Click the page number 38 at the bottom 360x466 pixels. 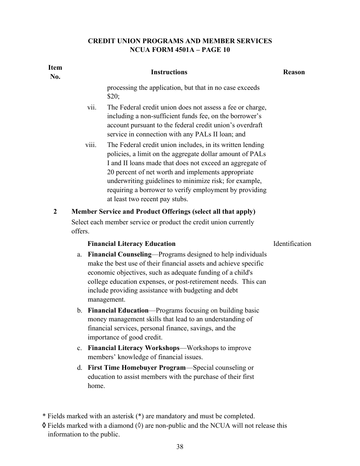180,447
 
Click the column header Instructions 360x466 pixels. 169,72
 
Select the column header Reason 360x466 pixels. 294,72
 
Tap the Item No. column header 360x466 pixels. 55,72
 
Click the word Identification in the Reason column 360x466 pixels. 292,244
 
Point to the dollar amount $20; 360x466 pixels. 113,97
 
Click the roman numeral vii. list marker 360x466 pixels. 92,107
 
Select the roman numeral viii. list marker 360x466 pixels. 91,145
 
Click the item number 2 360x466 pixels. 55,211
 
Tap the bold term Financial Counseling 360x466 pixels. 119,254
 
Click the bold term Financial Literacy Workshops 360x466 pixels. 133,348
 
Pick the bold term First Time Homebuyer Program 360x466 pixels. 136,367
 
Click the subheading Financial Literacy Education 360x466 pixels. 131,244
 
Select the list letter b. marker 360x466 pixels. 80,310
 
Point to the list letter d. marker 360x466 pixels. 80,367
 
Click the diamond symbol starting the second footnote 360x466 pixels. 44,425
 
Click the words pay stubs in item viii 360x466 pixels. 174,199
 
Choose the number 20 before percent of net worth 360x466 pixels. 111,172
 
